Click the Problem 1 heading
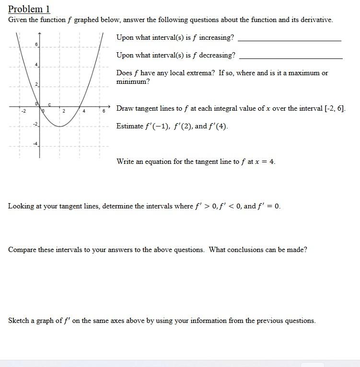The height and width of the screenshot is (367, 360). point(29,9)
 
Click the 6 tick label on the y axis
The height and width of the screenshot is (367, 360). point(36,44)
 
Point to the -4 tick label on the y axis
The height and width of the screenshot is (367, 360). point(35,143)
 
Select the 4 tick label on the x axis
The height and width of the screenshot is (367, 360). point(83,111)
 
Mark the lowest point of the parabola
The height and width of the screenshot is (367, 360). point(60,126)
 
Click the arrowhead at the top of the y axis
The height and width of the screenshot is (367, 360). point(40,34)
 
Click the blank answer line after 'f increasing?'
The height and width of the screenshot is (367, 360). point(289,41)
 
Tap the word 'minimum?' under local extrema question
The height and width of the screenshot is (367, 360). point(133,82)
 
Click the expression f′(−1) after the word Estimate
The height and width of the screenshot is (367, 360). point(154,126)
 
